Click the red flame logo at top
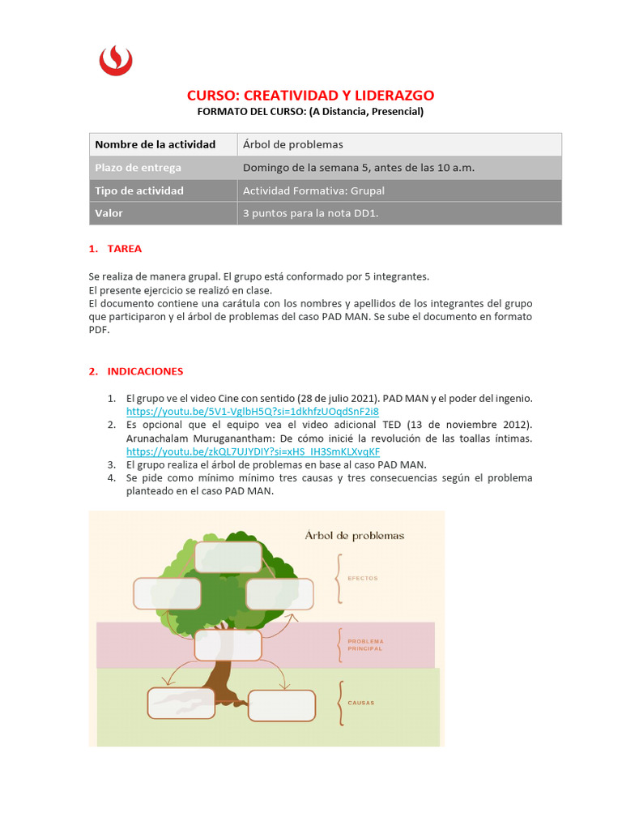pyautogui.click(x=116, y=60)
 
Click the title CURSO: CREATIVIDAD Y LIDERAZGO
pyautogui.click(x=311, y=96)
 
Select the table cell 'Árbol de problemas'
pyautogui.click(x=293, y=144)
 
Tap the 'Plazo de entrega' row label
pyautogui.click(x=138, y=168)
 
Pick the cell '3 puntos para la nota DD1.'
pyautogui.click(x=310, y=213)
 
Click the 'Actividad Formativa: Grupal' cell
pyautogui.click(x=313, y=190)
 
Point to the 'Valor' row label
pyautogui.click(x=109, y=213)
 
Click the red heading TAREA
pyautogui.click(x=124, y=249)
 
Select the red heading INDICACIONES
pyautogui.click(x=147, y=371)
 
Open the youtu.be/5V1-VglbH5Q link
pyautogui.click(x=252, y=411)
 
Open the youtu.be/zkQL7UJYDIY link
pyautogui.click(x=253, y=451)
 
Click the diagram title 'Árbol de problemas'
pyautogui.click(x=354, y=535)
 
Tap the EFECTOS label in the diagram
pyautogui.click(x=363, y=579)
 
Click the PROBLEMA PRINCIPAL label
pyautogui.click(x=365, y=645)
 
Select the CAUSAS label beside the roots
pyautogui.click(x=361, y=703)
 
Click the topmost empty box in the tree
pyautogui.click(x=228, y=557)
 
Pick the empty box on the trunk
pyautogui.click(x=228, y=645)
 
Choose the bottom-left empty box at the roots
pyautogui.click(x=181, y=703)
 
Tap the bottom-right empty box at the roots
pyautogui.click(x=281, y=705)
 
